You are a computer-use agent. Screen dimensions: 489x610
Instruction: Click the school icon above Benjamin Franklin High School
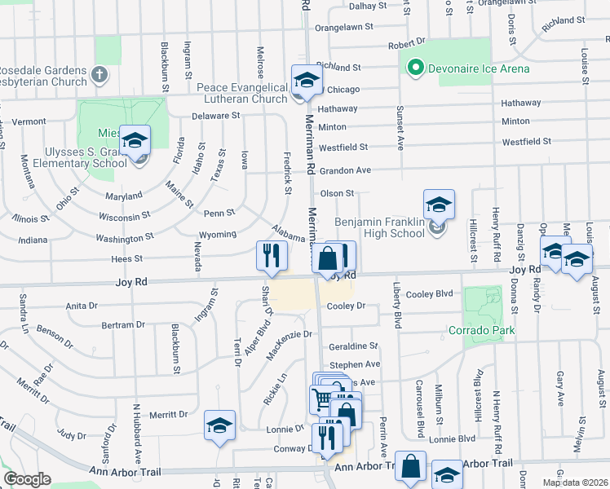point(438,204)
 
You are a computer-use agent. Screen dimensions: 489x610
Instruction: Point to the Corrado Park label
point(480,331)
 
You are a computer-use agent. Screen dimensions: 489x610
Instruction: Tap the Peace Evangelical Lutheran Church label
point(242,93)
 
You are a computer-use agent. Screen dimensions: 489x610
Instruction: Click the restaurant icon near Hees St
point(272,255)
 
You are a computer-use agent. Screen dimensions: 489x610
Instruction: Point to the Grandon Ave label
point(345,170)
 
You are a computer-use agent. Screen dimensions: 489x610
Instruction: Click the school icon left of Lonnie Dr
point(219,426)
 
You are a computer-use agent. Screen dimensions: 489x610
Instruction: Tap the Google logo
point(28,479)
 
